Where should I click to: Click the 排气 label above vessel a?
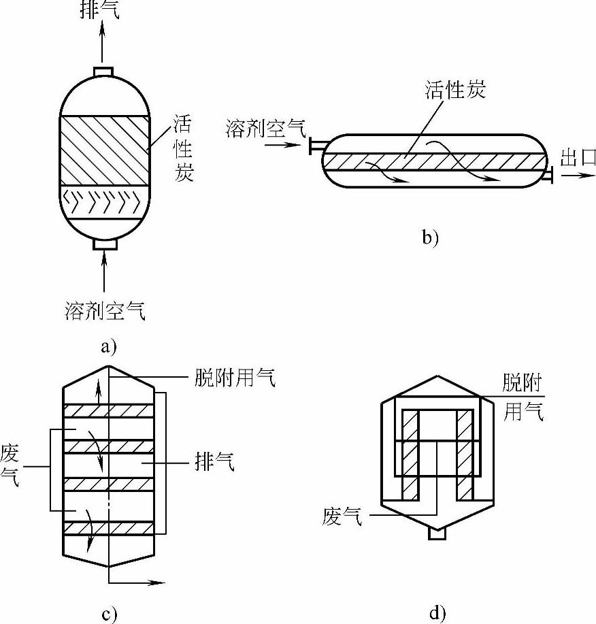[x=100, y=10]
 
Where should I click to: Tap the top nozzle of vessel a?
[x=103, y=71]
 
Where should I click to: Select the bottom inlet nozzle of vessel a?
[x=105, y=244]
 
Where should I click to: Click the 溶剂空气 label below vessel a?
[x=105, y=310]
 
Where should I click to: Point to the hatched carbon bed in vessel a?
[x=105, y=150]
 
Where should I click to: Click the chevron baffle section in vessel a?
[x=104, y=202]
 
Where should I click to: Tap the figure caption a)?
[x=108, y=346]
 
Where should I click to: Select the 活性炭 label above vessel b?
[x=455, y=90]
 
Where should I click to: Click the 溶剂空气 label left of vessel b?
[x=266, y=128]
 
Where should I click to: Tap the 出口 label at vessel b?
[x=578, y=157]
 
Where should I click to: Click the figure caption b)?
[x=430, y=237]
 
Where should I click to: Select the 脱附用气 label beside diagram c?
[x=235, y=377]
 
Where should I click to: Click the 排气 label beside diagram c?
[x=214, y=461]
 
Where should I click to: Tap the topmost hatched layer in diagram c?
[x=108, y=411]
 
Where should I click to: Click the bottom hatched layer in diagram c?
[x=108, y=528]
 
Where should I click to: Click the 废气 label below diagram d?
[x=342, y=516]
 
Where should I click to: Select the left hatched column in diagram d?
[x=410, y=455]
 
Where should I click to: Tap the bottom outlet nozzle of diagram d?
[x=437, y=534]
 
